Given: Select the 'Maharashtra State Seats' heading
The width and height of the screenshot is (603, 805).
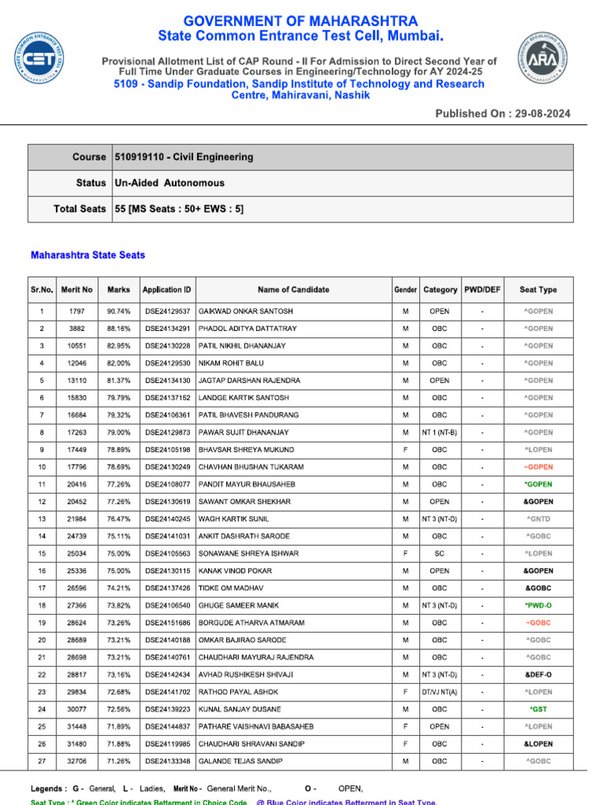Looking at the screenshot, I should tap(88, 255).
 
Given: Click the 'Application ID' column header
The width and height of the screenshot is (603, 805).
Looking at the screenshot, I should tap(166, 289).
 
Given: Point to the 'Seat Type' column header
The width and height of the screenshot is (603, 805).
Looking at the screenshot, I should tap(538, 289).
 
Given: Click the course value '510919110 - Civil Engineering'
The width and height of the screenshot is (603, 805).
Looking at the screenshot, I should tap(184, 157).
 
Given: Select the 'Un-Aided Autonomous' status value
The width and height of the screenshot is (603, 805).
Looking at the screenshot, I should tap(170, 183).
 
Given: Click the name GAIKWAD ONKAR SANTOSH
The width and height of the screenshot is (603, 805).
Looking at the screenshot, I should tap(246, 311).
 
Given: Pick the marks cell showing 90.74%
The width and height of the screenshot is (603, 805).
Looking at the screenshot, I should tap(119, 311).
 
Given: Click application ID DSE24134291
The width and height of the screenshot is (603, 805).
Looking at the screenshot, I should tap(167, 329).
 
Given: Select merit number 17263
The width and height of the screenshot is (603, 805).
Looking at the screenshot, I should tap(77, 432).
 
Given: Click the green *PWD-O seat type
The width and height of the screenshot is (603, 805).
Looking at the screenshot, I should tap(538, 605).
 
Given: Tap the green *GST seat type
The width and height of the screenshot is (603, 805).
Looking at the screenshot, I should tap(538, 709).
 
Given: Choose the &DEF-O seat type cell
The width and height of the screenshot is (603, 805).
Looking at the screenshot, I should tap(538, 675).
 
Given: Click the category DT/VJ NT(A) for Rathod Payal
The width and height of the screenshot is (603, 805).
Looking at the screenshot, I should tap(440, 692).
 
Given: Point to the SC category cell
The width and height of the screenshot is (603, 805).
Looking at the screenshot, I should tap(440, 553).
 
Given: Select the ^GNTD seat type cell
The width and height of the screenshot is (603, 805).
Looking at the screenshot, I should tap(538, 519).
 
